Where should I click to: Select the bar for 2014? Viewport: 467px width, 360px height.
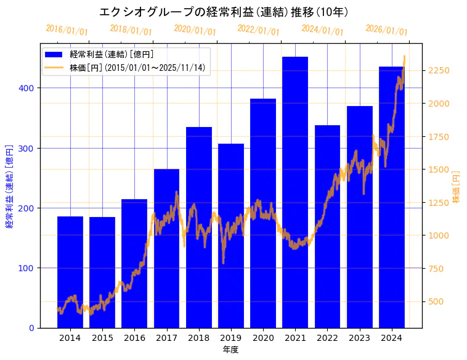[x=70, y=272]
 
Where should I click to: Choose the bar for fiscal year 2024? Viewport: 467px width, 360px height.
[x=392, y=197]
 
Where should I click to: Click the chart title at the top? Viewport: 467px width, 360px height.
[x=224, y=12]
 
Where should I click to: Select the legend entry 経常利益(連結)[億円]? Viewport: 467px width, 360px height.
[x=112, y=55]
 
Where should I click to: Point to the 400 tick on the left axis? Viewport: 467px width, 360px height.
[x=28, y=88]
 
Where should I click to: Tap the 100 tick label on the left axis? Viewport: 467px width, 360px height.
[x=28, y=268]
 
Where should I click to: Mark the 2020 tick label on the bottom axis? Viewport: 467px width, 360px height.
[x=263, y=338]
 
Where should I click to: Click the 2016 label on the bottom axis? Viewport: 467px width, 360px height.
[x=134, y=338]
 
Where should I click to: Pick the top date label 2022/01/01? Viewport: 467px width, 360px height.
[x=258, y=30]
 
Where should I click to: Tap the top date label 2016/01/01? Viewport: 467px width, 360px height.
[x=67, y=30]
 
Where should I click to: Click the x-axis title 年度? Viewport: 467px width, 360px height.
[x=230, y=350]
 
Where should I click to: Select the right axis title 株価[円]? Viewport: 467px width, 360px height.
[x=457, y=187]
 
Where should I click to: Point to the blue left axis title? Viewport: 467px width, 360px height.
[x=9, y=186]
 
